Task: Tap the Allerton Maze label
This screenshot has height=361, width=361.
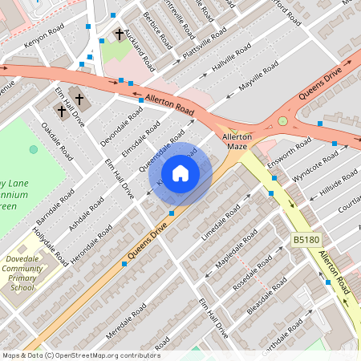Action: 237,142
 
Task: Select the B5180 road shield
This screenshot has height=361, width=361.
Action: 305,240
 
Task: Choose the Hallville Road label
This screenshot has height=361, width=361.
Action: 232,58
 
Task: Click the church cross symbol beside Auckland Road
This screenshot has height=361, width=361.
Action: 120,34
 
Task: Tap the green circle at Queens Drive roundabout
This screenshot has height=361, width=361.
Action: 282,121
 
